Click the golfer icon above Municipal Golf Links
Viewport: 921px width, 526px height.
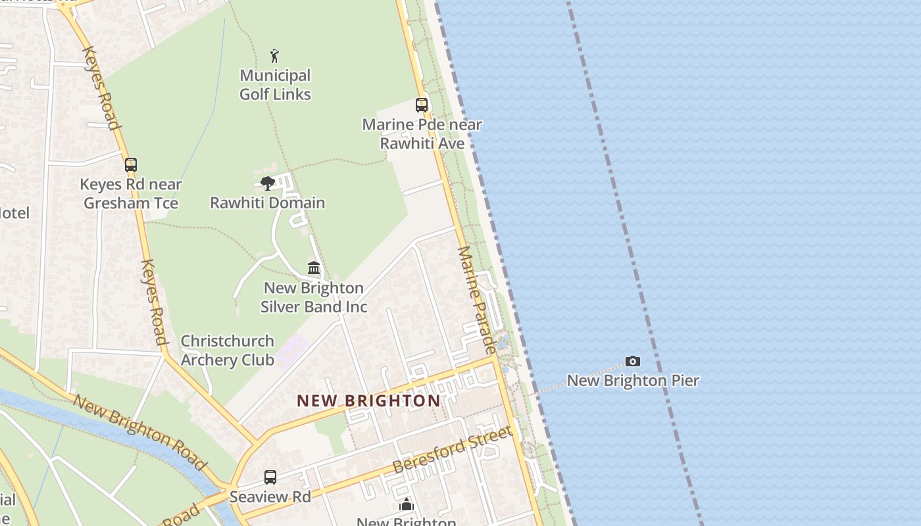click(274, 56)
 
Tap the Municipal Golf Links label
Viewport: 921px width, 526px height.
click(275, 85)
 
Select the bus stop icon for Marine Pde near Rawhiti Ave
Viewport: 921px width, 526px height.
click(422, 105)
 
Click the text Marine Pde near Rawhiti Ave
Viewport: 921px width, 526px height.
click(422, 134)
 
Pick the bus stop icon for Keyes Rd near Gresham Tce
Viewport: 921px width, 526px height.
click(131, 164)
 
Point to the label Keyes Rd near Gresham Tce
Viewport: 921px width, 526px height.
click(131, 194)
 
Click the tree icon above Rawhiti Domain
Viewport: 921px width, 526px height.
click(267, 183)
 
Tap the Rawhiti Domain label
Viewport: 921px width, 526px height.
click(267, 203)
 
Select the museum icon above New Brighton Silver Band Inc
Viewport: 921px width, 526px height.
click(314, 268)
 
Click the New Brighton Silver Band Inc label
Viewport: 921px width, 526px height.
click(314, 297)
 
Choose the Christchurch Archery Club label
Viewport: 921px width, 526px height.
click(227, 350)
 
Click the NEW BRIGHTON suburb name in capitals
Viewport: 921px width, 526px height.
click(368, 401)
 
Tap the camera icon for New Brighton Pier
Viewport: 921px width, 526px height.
click(633, 361)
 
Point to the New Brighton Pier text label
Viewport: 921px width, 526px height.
click(633, 381)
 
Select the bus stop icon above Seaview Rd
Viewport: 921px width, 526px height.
click(270, 477)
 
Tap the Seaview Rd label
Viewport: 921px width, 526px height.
click(270, 496)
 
